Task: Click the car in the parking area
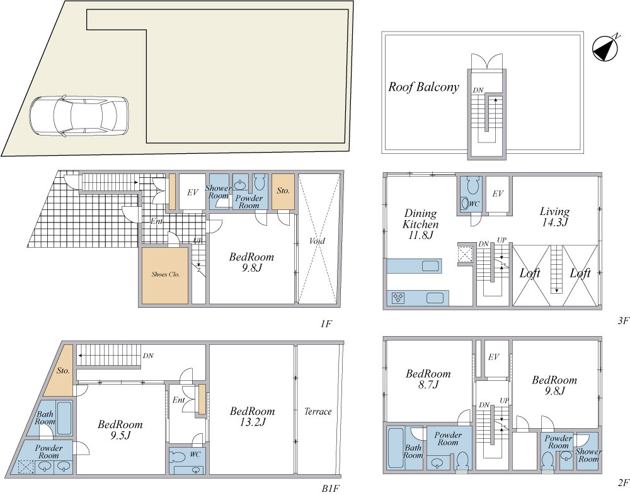point(79,116)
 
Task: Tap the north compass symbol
point(605,49)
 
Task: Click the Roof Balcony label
point(423,87)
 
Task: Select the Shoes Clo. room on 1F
point(165,276)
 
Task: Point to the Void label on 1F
point(318,242)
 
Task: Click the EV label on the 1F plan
point(193,192)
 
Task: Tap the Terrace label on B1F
point(318,411)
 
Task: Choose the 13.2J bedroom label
point(253,416)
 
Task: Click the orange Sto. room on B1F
point(59,370)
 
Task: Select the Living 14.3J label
point(554,217)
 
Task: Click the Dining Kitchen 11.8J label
point(421,224)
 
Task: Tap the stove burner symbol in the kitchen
point(398,298)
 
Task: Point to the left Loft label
point(530,274)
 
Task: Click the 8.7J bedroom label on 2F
point(428,379)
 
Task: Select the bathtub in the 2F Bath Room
point(396,448)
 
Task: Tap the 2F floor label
point(623,482)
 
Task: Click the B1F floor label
point(332,489)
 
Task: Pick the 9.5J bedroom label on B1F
point(120,429)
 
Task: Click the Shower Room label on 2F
point(588,455)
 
